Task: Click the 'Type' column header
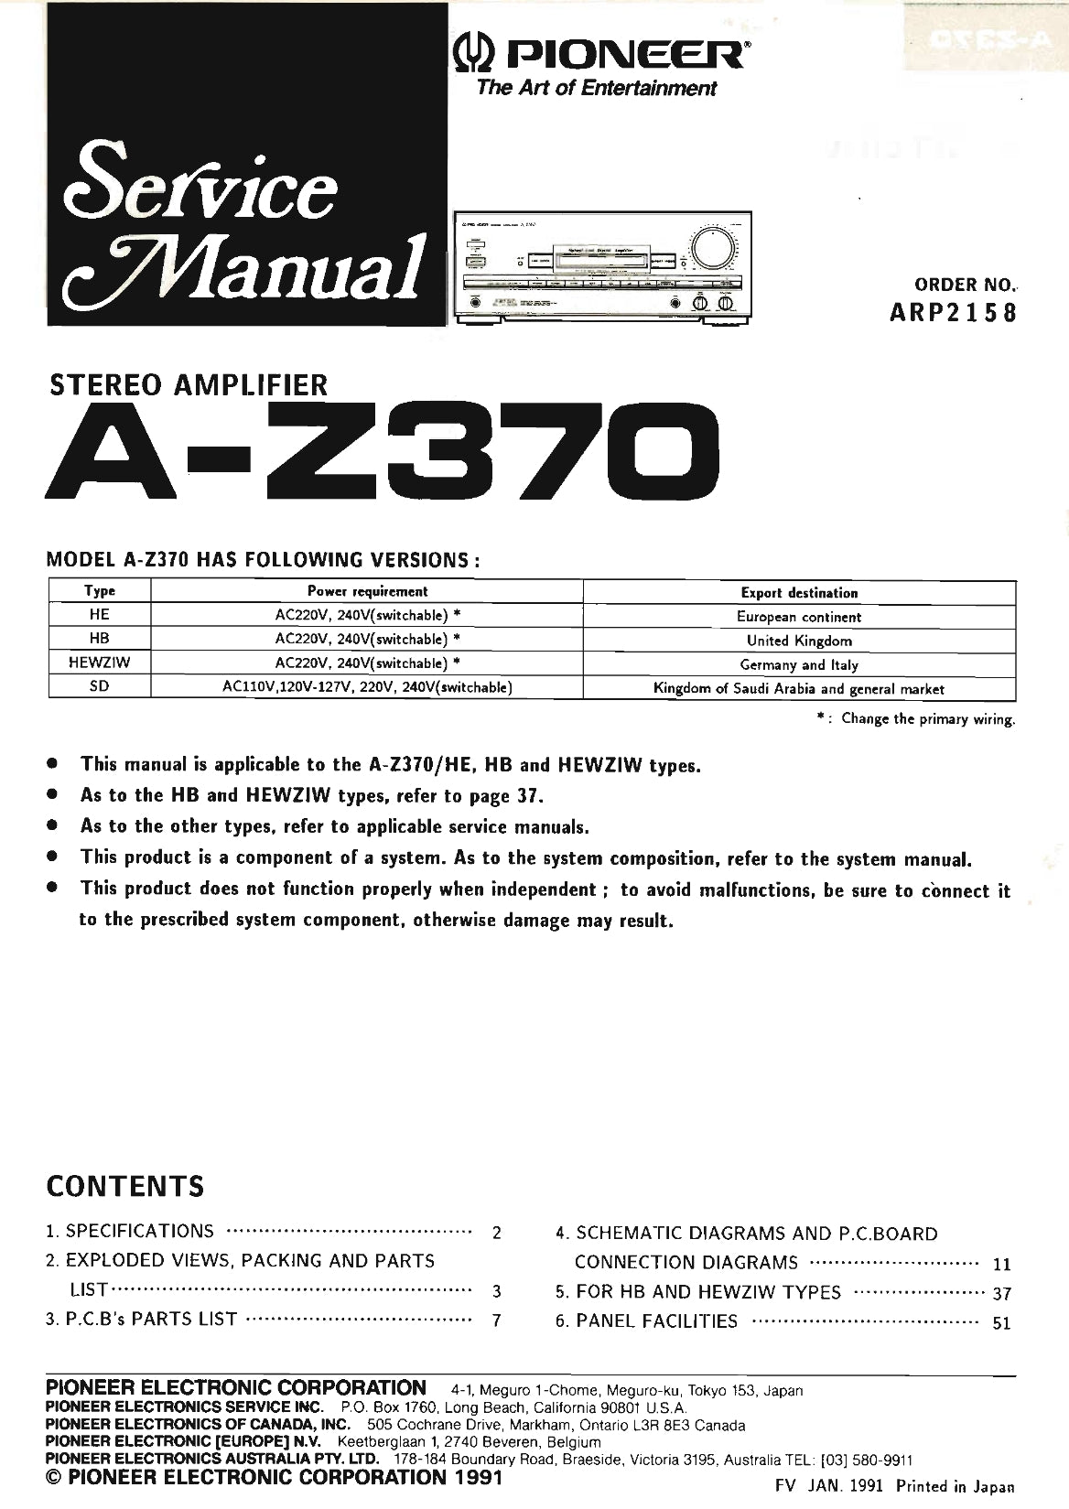point(99,592)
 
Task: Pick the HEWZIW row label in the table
point(99,663)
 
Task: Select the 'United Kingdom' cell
point(799,641)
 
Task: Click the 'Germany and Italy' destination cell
point(799,664)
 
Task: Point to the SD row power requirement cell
point(366,688)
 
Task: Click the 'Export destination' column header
point(799,593)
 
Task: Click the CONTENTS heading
point(125,1187)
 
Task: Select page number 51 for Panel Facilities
point(1001,1323)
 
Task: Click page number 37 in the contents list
point(1001,1294)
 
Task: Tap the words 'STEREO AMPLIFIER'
point(188,383)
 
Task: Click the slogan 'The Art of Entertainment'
point(594,89)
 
